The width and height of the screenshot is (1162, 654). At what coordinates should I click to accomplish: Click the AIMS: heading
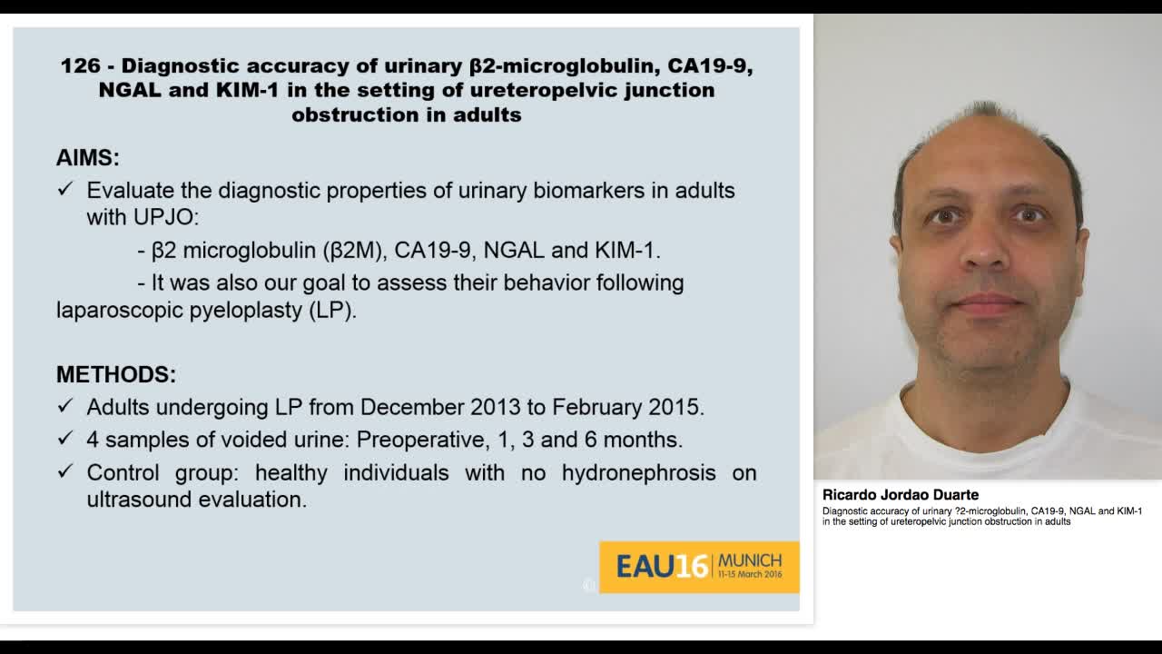(88, 157)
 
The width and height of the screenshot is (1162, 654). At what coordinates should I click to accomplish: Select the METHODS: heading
(116, 374)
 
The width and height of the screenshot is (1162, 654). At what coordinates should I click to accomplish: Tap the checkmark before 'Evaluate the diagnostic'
(65, 189)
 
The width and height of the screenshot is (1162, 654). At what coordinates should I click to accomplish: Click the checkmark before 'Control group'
(65, 471)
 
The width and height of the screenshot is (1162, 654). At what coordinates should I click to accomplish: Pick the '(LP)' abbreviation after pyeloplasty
(332, 310)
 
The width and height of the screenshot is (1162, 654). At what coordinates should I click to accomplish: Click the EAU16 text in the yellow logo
(662, 566)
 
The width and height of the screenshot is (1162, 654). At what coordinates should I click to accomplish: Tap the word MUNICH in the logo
(749, 560)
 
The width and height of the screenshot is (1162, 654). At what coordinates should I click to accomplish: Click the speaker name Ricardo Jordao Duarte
(900, 495)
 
